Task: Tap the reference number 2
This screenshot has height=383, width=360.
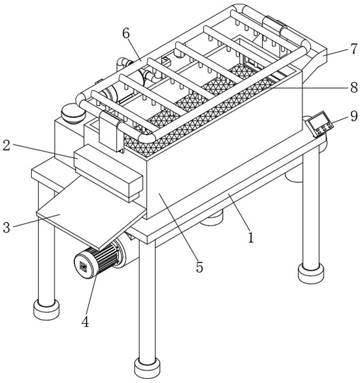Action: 6,145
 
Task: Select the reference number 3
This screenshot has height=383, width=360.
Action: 6,228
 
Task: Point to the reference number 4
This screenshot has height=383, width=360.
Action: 85,322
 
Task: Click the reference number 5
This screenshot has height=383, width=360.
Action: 199,267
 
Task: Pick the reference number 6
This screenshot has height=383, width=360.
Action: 126,33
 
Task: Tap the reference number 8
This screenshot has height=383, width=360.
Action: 354,87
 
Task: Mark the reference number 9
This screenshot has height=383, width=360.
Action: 354,116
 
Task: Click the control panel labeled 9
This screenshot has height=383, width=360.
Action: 319,124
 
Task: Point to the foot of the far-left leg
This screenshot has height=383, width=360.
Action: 46,309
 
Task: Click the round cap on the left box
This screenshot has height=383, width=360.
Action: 73,113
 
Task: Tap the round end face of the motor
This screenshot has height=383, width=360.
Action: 84,266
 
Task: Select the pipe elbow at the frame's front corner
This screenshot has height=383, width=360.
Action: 147,137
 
